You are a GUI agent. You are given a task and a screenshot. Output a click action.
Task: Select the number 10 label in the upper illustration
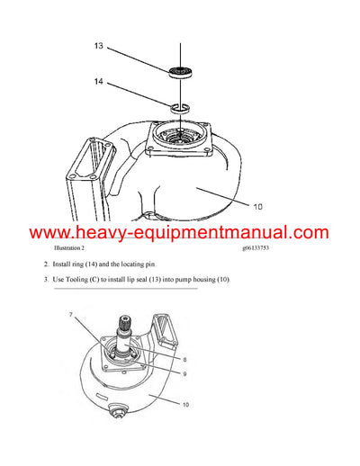click(x=256, y=206)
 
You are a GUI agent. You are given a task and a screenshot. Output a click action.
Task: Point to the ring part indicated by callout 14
click(x=179, y=109)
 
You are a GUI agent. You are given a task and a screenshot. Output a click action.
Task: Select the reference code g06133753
click(x=261, y=246)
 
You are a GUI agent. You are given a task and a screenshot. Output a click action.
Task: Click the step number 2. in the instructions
click(x=46, y=264)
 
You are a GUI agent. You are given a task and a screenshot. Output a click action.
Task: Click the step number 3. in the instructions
click(x=46, y=280)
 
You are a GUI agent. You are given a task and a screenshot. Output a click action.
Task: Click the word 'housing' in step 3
click(x=202, y=280)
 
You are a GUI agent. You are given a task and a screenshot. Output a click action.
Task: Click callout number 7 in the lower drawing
click(x=69, y=315)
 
